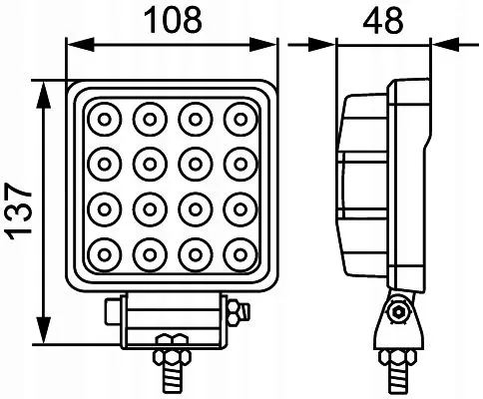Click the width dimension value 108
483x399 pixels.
click(173, 17)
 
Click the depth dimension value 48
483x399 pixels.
click(385, 17)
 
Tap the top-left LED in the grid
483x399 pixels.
click(102, 121)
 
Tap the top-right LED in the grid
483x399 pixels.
click(239, 121)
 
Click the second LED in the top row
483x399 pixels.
click(148, 121)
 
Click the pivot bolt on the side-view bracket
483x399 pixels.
click(400, 316)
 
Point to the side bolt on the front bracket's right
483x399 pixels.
click(238, 315)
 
